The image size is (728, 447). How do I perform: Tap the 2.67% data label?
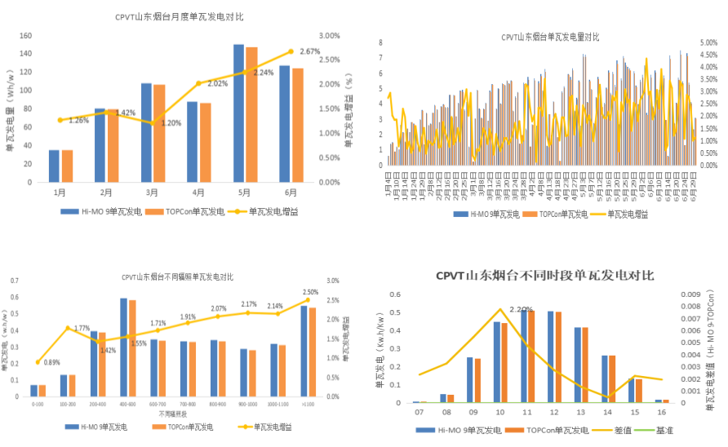[x=310, y=51]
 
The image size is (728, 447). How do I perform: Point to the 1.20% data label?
[x=171, y=123]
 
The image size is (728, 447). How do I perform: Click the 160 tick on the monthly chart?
[x=24, y=36]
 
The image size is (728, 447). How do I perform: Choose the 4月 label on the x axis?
[x=198, y=193]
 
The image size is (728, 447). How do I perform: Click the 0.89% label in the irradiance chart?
[x=51, y=362]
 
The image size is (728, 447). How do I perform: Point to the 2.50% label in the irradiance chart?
[x=310, y=292]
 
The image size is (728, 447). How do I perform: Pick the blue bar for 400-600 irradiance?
[x=123, y=347]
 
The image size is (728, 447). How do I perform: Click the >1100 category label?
[x=309, y=403]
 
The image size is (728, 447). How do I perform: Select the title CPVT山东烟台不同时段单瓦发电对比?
[x=544, y=276]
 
